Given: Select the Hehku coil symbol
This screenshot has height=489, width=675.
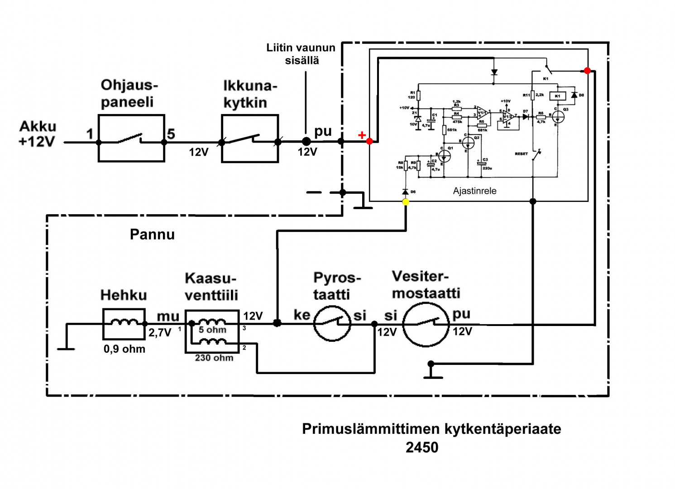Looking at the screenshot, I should (x=124, y=324).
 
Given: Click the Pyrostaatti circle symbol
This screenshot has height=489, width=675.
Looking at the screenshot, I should (x=332, y=323).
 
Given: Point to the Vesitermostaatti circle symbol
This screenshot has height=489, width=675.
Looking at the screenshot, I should (x=426, y=324).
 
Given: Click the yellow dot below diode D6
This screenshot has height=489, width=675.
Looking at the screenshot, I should (x=406, y=202).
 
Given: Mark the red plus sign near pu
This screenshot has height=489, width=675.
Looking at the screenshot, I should (x=362, y=135).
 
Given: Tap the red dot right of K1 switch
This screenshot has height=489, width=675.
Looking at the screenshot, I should (x=587, y=71).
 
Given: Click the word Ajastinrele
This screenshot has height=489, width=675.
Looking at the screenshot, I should (x=474, y=191).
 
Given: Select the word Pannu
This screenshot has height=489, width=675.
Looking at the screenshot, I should (x=152, y=235).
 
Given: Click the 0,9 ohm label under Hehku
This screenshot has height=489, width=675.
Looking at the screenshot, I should (x=124, y=349).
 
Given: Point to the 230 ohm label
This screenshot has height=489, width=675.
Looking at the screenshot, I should (x=214, y=358).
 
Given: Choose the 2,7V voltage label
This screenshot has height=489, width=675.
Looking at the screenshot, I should (x=160, y=333).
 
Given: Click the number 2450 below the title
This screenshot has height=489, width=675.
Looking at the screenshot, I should (x=422, y=447).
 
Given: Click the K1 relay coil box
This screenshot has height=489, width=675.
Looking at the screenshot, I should (x=558, y=96).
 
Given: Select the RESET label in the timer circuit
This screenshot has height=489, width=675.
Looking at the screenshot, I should (x=521, y=154).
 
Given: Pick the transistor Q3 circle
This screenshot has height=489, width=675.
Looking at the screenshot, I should (x=559, y=117).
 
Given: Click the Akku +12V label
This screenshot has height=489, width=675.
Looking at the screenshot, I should (x=37, y=134).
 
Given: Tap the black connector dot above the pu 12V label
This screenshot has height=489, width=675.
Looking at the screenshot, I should (x=306, y=142).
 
